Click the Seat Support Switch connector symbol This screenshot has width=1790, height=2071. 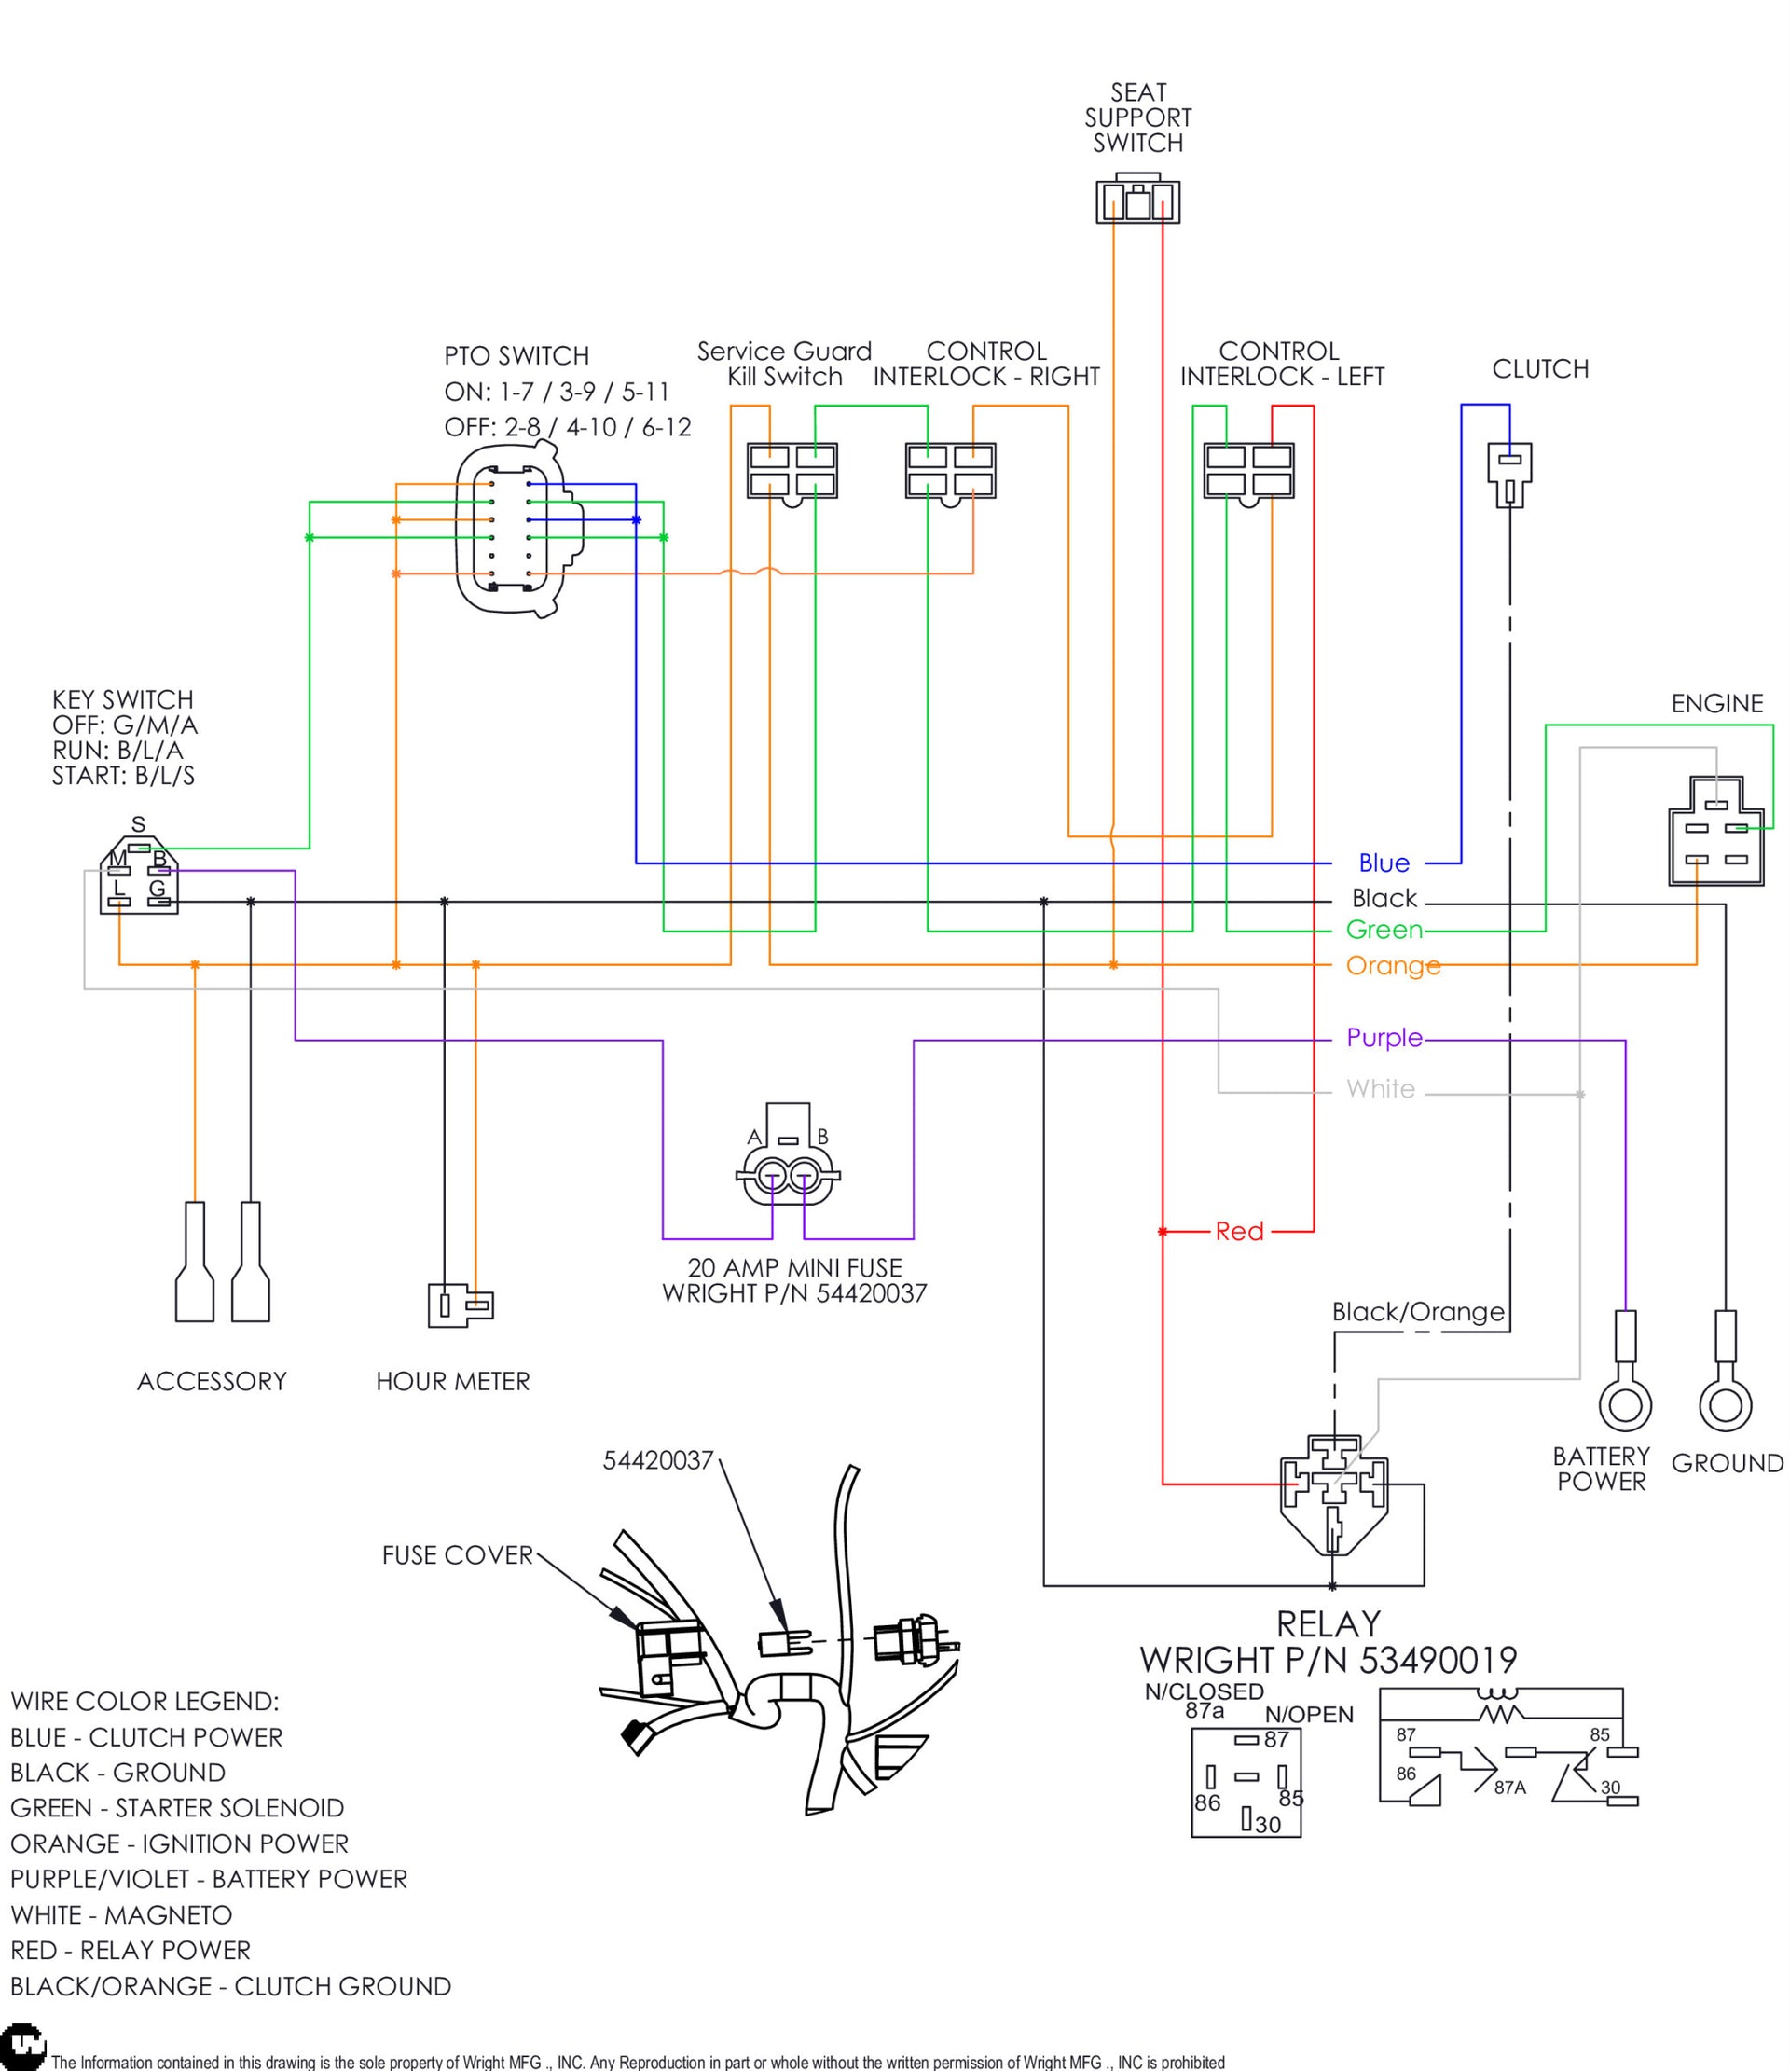[x=1137, y=200]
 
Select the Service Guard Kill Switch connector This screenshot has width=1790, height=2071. [x=792, y=471]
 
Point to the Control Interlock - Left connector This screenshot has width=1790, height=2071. [x=1248, y=471]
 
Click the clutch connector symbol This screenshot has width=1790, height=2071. [x=1508, y=473]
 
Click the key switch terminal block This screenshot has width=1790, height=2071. [x=139, y=878]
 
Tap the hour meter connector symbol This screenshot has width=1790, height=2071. [x=461, y=1305]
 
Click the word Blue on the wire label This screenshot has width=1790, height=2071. [x=1384, y=863]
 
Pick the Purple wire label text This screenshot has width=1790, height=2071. [x=1384, y=1038]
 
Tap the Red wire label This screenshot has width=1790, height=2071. [x=1239, y=1232]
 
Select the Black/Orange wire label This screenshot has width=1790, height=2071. [x=1417, y=1311]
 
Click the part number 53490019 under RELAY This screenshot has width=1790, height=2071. [x=1438, y=1660]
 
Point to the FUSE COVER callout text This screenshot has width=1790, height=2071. [x=457, y=1555]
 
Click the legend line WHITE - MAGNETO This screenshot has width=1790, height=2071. [x=121, y=1915]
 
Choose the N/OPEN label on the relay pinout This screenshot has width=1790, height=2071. [x=1308, y=1715]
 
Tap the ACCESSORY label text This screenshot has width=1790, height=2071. [x=212, y=1381]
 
